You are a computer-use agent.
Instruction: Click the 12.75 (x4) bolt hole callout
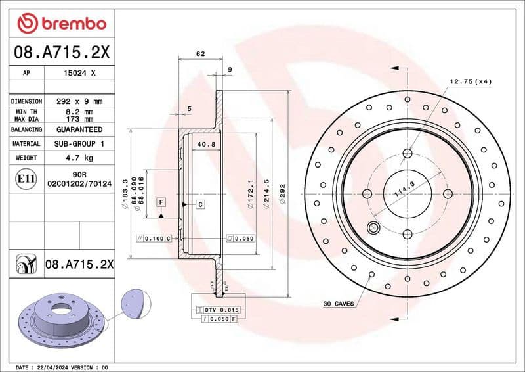470,81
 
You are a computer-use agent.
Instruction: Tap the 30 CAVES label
339,304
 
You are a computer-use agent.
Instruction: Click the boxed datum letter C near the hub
201,204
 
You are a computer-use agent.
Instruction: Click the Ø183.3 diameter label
124,198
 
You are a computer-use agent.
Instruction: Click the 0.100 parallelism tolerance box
154,237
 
